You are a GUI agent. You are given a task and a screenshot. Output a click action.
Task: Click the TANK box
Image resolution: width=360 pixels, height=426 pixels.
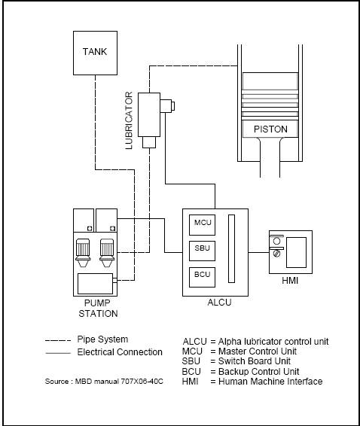click(95, 53)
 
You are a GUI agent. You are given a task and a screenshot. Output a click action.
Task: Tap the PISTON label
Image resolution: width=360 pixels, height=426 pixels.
click(270, 129)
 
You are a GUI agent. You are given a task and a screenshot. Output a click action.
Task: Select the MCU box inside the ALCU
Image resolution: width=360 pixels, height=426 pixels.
click(202, 225)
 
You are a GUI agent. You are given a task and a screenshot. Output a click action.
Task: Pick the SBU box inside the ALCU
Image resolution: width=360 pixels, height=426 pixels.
click(202, 251)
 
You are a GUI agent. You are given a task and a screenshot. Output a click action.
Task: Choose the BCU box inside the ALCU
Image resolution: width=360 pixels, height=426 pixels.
click(202, 277)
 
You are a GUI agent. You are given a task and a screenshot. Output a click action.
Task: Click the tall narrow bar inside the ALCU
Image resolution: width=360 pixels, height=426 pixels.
click(231, 249)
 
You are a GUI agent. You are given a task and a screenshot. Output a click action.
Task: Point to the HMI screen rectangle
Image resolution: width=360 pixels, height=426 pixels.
click(296, 252)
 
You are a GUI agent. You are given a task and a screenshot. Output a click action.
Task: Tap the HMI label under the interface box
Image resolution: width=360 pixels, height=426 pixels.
click(290, 280)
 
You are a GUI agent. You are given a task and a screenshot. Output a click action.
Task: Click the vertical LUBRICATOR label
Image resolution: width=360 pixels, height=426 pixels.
click(129, 120)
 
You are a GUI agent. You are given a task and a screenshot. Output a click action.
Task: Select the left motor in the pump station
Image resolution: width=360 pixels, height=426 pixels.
click(83, 253)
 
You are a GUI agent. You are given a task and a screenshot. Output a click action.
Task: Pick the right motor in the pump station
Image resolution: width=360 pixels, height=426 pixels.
click(107, 253)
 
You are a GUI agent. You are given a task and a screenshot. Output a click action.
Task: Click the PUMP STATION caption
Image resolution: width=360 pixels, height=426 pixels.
click(98, 309)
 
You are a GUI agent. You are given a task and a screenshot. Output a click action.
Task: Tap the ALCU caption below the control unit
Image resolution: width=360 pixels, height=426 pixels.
click(219, 303)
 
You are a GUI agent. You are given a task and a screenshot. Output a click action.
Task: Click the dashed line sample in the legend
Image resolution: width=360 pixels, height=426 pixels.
click(58, 340)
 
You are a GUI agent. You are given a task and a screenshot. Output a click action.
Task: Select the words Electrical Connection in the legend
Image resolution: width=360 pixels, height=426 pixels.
click(120, 352)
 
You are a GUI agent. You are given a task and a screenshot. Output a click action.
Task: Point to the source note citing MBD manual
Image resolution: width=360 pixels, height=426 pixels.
click(104, 382)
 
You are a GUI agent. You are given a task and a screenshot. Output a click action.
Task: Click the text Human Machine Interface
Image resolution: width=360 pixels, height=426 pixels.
click(270, 382)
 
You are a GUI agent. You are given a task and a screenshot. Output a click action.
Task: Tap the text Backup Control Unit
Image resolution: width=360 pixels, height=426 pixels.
click(259, 371)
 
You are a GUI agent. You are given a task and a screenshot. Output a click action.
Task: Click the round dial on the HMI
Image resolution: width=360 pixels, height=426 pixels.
click(276, 241)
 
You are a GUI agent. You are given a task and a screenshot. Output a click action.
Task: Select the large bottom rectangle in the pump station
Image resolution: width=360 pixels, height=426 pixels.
click(95, 284)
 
